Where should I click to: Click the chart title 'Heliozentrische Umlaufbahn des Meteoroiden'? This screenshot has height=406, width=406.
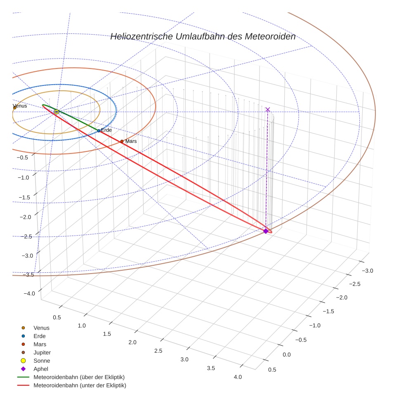(x=203, y=36)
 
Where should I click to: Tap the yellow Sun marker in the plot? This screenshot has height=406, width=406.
(x=57, y=112)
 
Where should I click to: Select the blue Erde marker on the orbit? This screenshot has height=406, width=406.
(x=99, y=131)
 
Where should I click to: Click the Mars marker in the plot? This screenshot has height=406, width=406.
(x=122, y=142)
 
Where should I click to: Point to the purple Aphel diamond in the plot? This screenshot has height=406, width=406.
(x=266, y=231)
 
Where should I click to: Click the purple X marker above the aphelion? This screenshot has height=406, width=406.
(x=268, y=109)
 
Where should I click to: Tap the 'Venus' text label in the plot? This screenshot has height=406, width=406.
(x=20, y=106)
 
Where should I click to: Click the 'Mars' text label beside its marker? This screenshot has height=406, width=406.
(x=131, y=141)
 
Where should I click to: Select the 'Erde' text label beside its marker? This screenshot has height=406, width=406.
(x=106, y=130)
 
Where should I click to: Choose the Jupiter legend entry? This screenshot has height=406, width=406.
(x=42, y=353)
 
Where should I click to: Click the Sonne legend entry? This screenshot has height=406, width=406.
(x=42, y=361)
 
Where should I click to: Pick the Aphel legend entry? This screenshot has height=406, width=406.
(x=41, y=369)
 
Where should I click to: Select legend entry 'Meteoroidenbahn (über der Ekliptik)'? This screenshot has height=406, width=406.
(x=79, y=377)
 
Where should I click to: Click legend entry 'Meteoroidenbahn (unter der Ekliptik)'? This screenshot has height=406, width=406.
(x=80, y=385)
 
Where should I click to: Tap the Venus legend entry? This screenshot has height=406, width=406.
(x=41, y=328)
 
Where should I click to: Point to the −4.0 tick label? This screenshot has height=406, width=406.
(x=29, y=293)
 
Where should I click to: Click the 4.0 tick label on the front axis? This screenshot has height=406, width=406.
(x=238, y=377)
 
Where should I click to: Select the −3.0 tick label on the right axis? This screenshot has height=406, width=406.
(x=367, y=271)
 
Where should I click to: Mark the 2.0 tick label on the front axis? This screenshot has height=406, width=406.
(x=132, y=342)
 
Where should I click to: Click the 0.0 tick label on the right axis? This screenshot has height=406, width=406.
(x=286, y=355)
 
